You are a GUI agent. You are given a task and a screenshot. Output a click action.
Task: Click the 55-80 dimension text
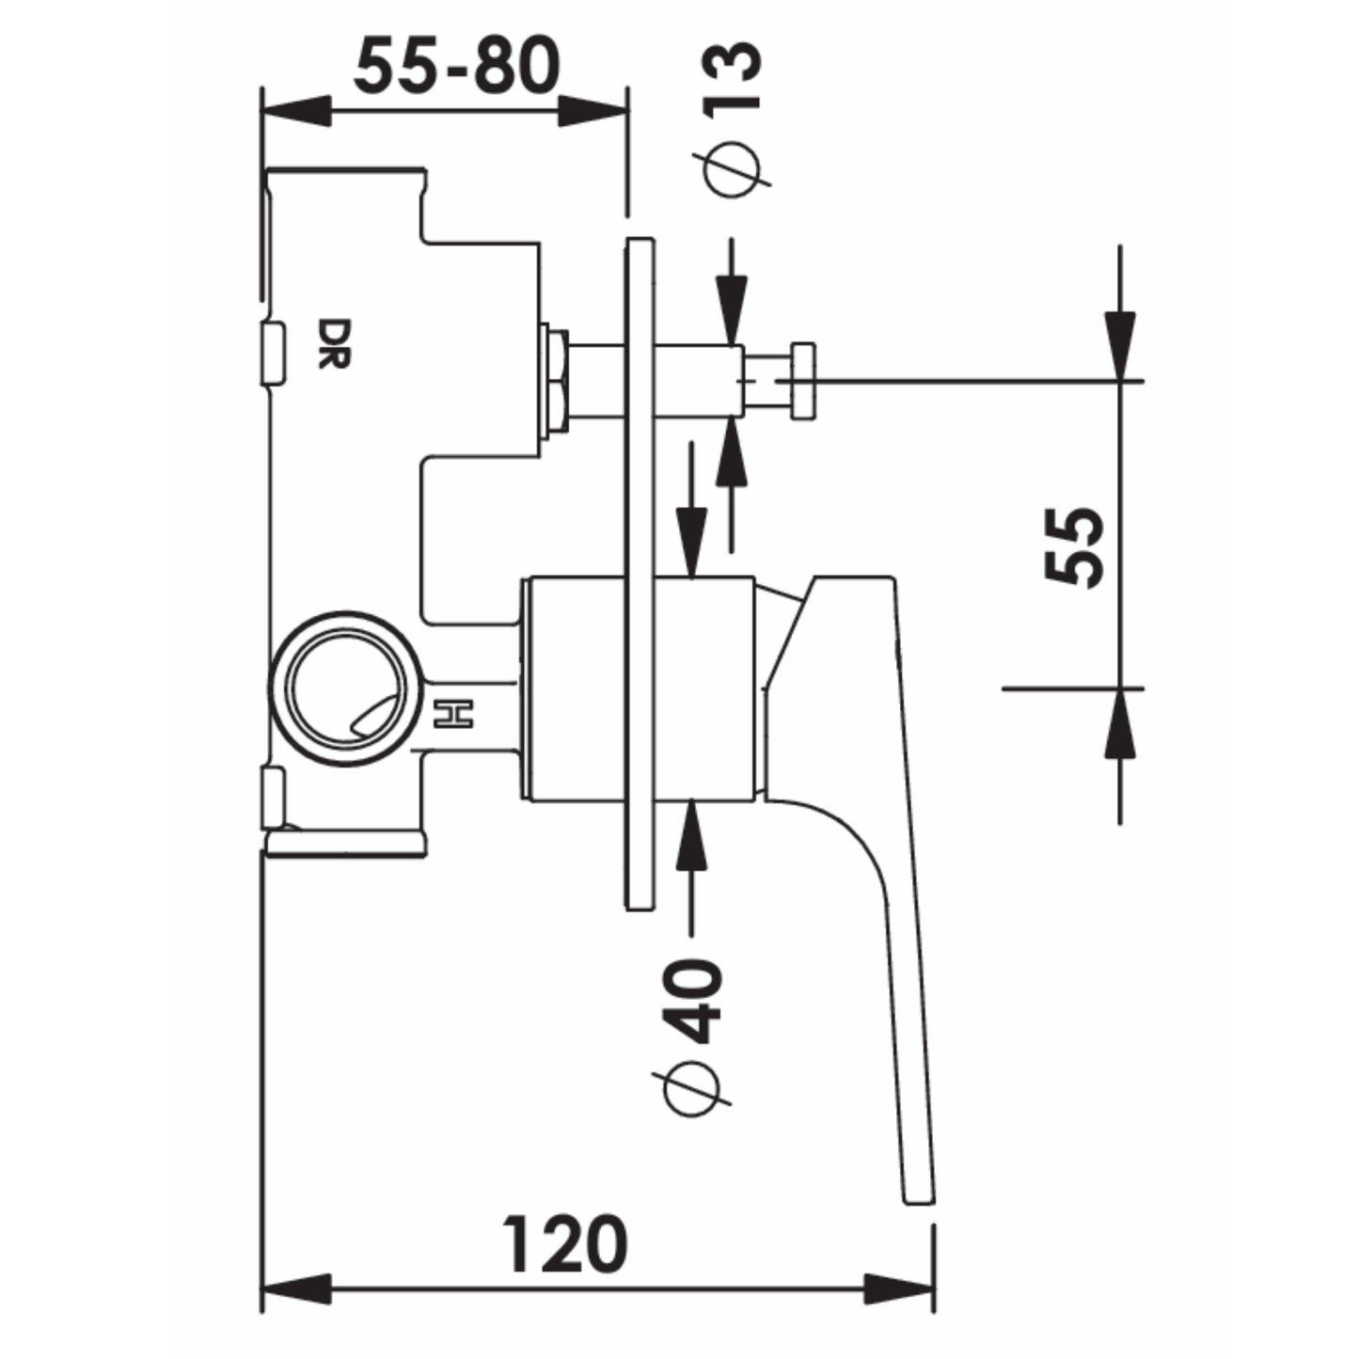[x=457, y=66]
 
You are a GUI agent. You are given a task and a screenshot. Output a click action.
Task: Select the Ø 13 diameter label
[x=732, y=118]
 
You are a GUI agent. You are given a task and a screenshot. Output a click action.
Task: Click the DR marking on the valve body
[x=333, y=344]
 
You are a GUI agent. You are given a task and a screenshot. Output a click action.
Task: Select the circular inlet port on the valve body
[x=342, y=691]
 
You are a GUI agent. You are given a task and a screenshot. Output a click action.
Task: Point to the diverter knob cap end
[x=803, y=381]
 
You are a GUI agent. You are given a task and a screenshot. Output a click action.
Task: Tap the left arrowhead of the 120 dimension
[x=297, y=1288]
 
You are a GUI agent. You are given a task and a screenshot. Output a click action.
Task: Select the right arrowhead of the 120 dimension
[x=898, y=1288]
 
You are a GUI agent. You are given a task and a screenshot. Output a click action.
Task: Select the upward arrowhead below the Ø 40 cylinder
[x=692, y=833]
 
